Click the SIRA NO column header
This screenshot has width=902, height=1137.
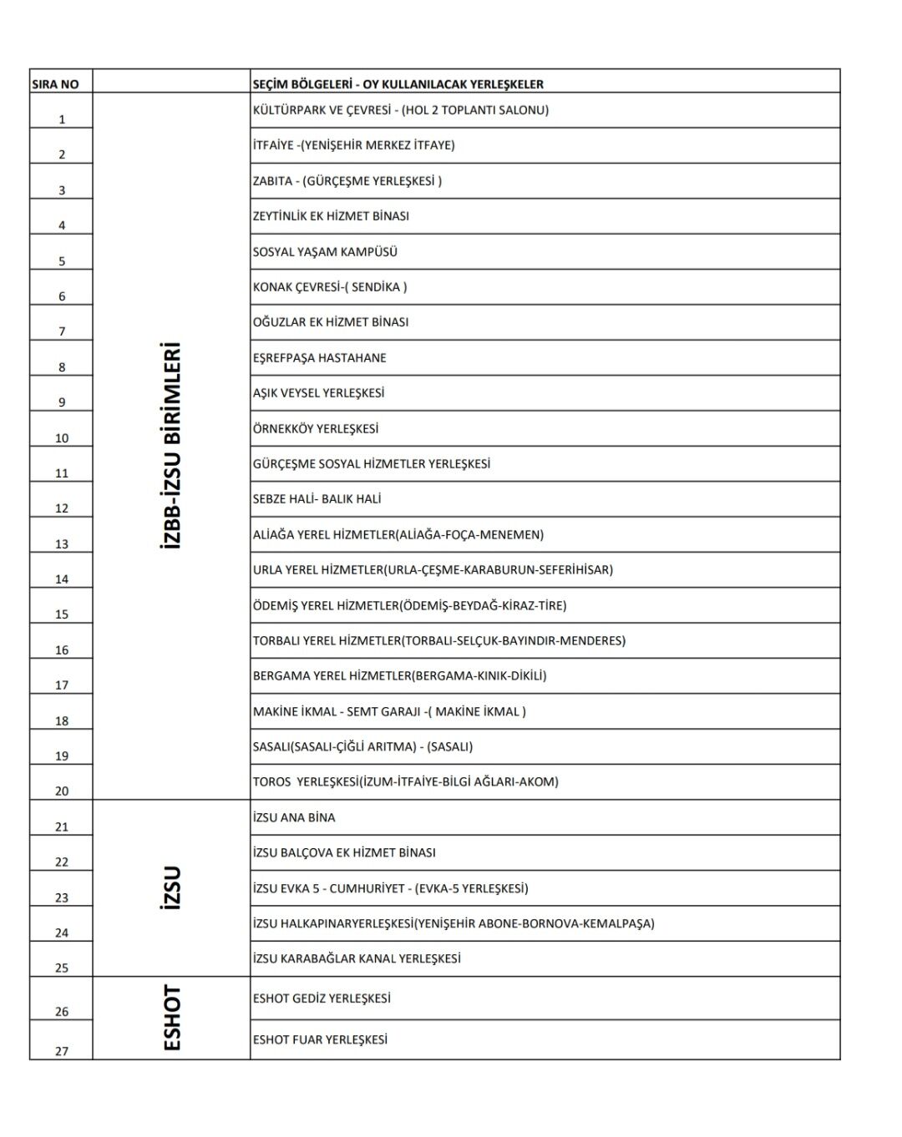coord(55,84)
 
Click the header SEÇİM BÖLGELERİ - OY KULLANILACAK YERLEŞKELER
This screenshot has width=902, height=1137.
coord(398,84)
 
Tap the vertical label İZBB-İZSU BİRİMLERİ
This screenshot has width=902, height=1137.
coord(170,444)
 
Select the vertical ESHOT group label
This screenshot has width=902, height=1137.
coord(172,1018)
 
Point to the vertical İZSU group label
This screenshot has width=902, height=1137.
coord(170,887)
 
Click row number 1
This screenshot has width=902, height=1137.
coord(62,119)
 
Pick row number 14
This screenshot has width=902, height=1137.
coord(62,579)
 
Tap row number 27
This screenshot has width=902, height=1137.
coord(62,1051)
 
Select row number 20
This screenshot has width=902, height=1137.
coord(62,791)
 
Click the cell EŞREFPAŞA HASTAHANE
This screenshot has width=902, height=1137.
coord(319,358)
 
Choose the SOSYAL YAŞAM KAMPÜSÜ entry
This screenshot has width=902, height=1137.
coord(325,251)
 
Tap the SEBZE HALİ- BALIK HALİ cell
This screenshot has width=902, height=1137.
coord(317,499)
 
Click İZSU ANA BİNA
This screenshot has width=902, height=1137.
coord(294,818)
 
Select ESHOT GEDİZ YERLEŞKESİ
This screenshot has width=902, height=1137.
coord(322,998)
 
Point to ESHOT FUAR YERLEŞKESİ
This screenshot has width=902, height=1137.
coord(320,1040)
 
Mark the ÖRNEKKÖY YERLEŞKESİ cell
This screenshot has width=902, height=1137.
coord(316,429)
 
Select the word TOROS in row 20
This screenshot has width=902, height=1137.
coord(271,782)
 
